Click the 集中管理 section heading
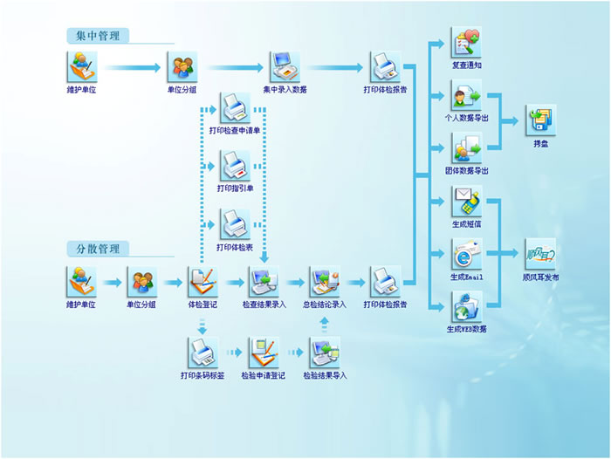coord(98,36)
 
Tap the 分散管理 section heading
coord(98,248)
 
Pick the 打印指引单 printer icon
coord(235,166)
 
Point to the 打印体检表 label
coord(235,246)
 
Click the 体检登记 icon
coord(203,282)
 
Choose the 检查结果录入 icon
coord(264,282)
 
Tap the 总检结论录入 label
coord(325,305)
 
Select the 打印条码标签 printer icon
coord(203,353)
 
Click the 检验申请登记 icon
coord(264,353)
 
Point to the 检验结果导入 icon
coord(325,353)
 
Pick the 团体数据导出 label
coord(466,171)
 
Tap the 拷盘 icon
coord(540,120)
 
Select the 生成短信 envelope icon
coord(466,202)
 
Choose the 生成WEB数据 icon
coord(466,306)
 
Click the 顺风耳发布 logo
coord(540,255)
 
